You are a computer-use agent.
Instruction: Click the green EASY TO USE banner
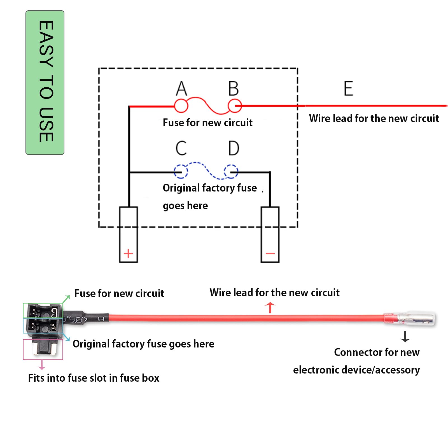coord(45,82)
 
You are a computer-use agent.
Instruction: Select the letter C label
coord(181,148)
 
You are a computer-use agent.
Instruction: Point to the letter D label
coord(234,148)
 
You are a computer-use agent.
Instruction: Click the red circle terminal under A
coord(181,106)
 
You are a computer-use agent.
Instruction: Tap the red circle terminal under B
coord(234,106)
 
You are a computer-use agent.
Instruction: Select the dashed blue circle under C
coord(181,171)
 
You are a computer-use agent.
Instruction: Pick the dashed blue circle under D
coord(231,171)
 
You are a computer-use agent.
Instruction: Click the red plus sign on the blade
coord(128,253)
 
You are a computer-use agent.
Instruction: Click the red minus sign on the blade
coord(270,253)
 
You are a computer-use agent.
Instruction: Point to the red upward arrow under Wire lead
coord(270,307)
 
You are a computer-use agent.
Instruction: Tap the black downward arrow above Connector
coord(405,337)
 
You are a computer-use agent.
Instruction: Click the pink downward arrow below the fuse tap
coord(42,365)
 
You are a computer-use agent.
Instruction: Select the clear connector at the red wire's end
coord(417,319)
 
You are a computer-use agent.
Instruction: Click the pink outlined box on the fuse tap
coord(43,349)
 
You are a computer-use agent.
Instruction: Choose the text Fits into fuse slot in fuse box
coord(94,378)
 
